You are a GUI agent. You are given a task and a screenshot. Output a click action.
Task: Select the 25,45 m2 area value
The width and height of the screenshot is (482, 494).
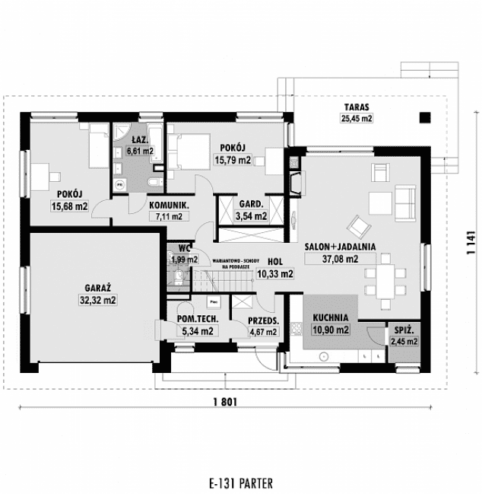coord(357,119)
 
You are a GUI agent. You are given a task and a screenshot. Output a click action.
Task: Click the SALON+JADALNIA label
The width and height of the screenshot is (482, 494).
coord(331,247)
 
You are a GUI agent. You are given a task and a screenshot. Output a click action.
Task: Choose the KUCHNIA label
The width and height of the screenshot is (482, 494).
coord(330,318)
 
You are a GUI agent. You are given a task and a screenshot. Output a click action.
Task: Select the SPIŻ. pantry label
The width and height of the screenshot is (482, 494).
coord(404,330)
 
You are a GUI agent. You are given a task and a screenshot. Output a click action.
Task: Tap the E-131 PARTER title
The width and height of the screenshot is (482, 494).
coord(239,483)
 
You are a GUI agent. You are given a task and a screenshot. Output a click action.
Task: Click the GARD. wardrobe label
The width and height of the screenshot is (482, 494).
coord(251,205)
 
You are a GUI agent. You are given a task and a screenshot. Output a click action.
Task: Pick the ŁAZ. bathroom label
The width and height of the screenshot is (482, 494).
coord(139,140)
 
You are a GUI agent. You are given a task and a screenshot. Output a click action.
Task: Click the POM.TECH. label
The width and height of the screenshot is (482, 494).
coord(194,320)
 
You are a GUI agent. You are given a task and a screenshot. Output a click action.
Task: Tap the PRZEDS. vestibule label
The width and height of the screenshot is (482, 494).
coord(263,320)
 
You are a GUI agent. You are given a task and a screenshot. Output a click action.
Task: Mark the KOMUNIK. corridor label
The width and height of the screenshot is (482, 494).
coord(169,206)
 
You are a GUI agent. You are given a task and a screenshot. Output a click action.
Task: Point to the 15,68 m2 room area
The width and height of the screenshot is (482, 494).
coord(68,206)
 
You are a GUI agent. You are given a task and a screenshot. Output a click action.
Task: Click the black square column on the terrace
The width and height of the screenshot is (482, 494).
coord(425,117)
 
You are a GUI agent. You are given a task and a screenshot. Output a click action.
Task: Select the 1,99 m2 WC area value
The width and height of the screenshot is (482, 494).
coord(181,260)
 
